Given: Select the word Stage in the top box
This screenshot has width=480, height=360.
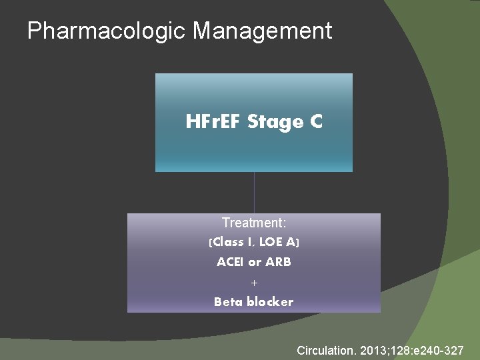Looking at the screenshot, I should tap(274, 123).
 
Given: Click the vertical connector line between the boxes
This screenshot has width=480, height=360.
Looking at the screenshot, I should tap(254, 193).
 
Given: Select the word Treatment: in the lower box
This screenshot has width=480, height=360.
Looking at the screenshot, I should tap(254, 223).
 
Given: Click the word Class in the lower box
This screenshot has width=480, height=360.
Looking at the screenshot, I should tap(229, 243).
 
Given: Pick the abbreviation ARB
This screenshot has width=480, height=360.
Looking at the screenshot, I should tap(279, 262).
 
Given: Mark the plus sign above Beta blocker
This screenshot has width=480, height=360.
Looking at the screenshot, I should tap(254, 283).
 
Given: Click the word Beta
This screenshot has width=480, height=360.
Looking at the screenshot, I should tap(228, 302).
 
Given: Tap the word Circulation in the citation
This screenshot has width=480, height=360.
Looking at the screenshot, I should tap(326, 350).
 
